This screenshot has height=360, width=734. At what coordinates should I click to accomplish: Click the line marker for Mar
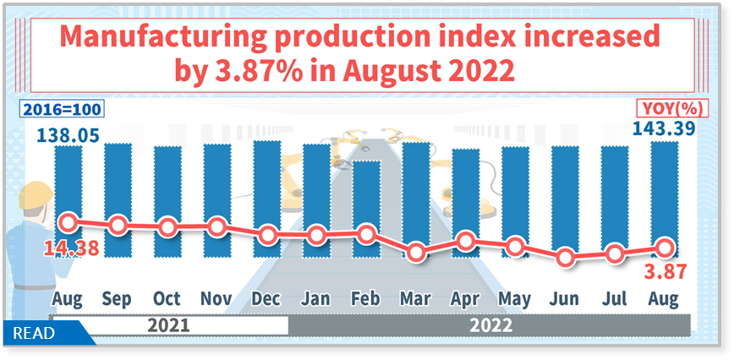[415, 252]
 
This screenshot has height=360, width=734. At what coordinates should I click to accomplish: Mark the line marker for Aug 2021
[68, 222]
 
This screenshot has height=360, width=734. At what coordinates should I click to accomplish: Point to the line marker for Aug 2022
[665, 248]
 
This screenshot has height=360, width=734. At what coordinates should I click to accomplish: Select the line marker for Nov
[217, 226]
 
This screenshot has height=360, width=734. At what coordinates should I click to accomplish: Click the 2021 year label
[168, 325]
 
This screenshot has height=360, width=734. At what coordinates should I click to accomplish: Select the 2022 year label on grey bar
[490, 325]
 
